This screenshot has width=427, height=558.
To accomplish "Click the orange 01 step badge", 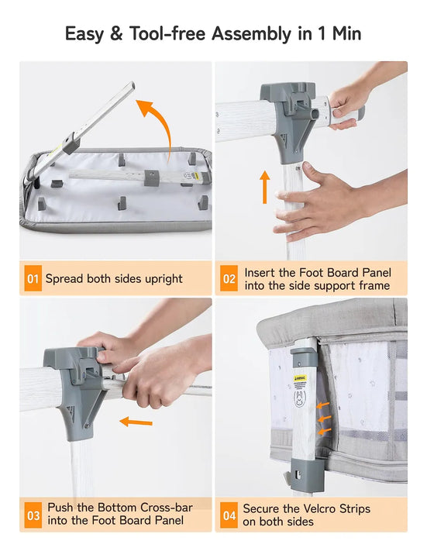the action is pyautogui.click(x=33, y=278).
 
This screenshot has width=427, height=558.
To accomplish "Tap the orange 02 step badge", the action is pyautogui.click(x=229, y=278).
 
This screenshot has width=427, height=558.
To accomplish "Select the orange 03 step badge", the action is pyautogui.click(x=33, y=515).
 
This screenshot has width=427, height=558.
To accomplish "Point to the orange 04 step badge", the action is pyautogui.click(x=229, y=515).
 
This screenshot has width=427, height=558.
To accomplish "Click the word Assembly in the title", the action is pyautogui.click(x=252, y=35).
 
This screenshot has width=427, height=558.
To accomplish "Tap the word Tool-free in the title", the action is pyautogui.click(x=167, y=34).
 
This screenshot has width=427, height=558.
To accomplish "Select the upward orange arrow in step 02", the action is pyautogui.click(x=264, y=187).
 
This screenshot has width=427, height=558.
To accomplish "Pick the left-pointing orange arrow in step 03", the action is pyautogui.click(x=136, y=422).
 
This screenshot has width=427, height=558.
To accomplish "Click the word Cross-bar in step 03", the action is pyautogui.click(x=167, y=507).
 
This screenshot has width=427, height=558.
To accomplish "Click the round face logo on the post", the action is pyautogui.click(x=300, y=399).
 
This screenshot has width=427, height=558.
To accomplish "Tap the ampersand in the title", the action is pyautogui.click(x=116, y=34).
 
